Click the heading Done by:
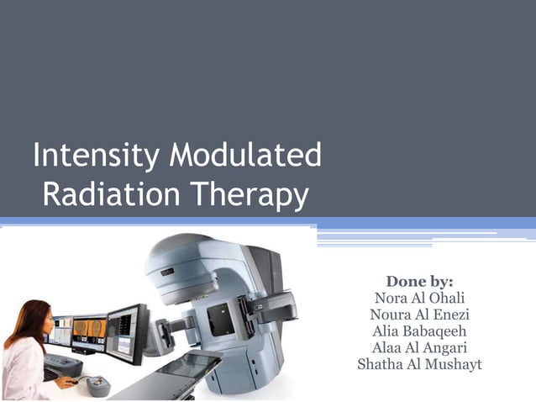point(419,281)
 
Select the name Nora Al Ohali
point(419,298)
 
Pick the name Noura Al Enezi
point(419,315)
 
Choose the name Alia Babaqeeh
point(419,331)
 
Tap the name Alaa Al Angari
point(419,348)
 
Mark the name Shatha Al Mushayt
point(419,365)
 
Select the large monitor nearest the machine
point(126,332)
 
